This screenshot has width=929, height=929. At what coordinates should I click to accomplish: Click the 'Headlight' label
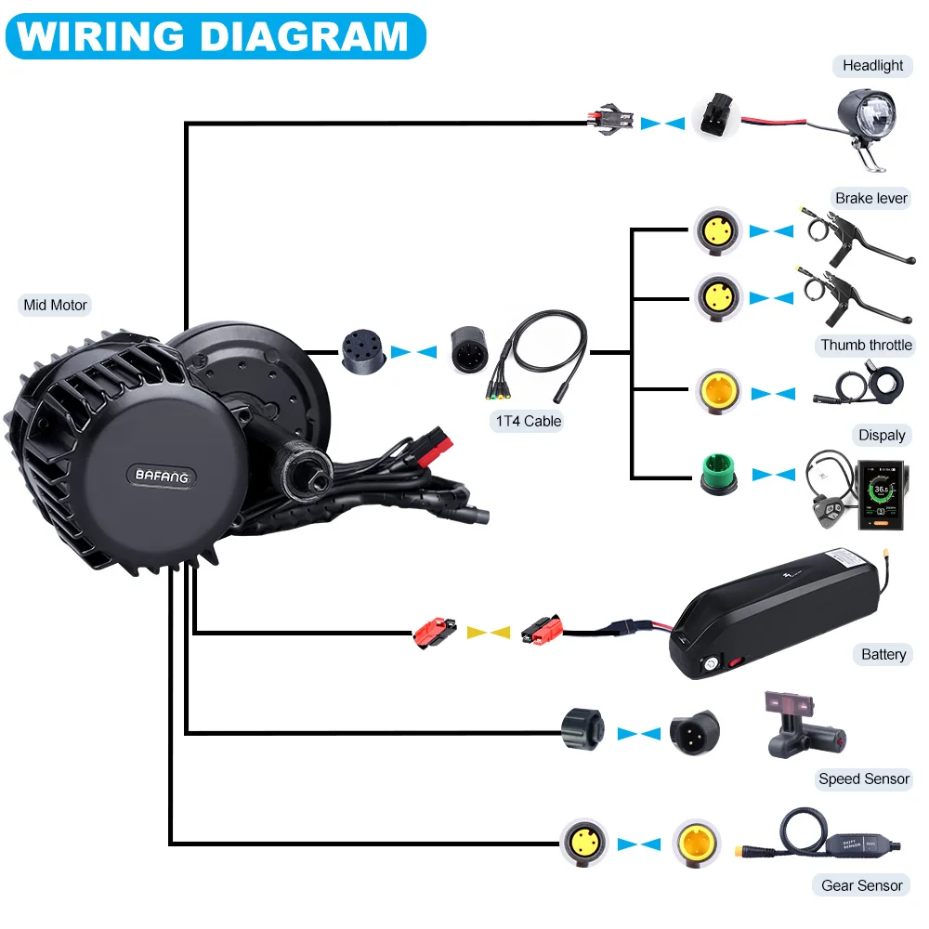(872, 65)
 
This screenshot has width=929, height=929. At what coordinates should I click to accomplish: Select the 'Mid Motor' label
(56, 304)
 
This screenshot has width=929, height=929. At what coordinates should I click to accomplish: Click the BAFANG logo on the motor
(162, 476)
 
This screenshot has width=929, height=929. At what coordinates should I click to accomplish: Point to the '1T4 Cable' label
(529, 421)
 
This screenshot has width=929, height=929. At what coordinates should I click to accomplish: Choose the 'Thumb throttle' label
(866, 345)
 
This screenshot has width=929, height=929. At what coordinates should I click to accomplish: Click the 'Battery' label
(883, 654)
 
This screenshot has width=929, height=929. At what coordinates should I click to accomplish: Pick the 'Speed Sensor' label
(864, 779)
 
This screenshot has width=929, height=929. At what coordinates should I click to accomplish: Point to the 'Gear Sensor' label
(861, 885)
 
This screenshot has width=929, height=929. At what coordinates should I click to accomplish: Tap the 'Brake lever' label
(870, 198)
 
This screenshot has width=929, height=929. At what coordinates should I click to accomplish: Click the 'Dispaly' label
(882, 435)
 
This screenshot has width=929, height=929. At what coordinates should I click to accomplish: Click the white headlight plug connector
(714, 118)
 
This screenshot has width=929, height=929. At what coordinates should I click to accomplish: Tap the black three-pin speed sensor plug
(693, 734)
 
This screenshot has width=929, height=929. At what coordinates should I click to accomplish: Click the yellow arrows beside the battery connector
(488, 632)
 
